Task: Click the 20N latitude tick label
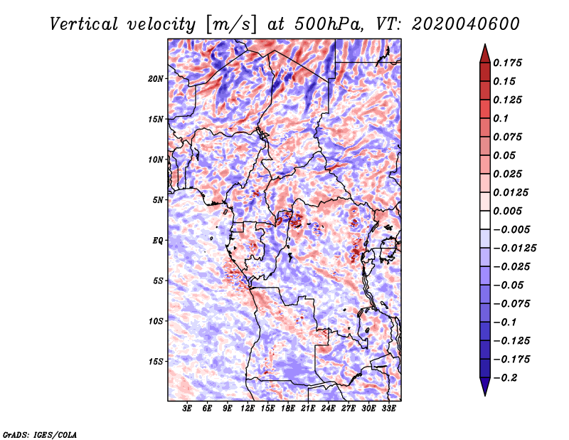pos(156,78)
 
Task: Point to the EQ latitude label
pos(157,241)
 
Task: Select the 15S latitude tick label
pos(156,362)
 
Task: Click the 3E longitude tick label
pos(188,409)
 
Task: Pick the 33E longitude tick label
pos(389,409)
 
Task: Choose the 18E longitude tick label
pos(288,409)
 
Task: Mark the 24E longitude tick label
pos(329,409)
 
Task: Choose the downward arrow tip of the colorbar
pos(484,392)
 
